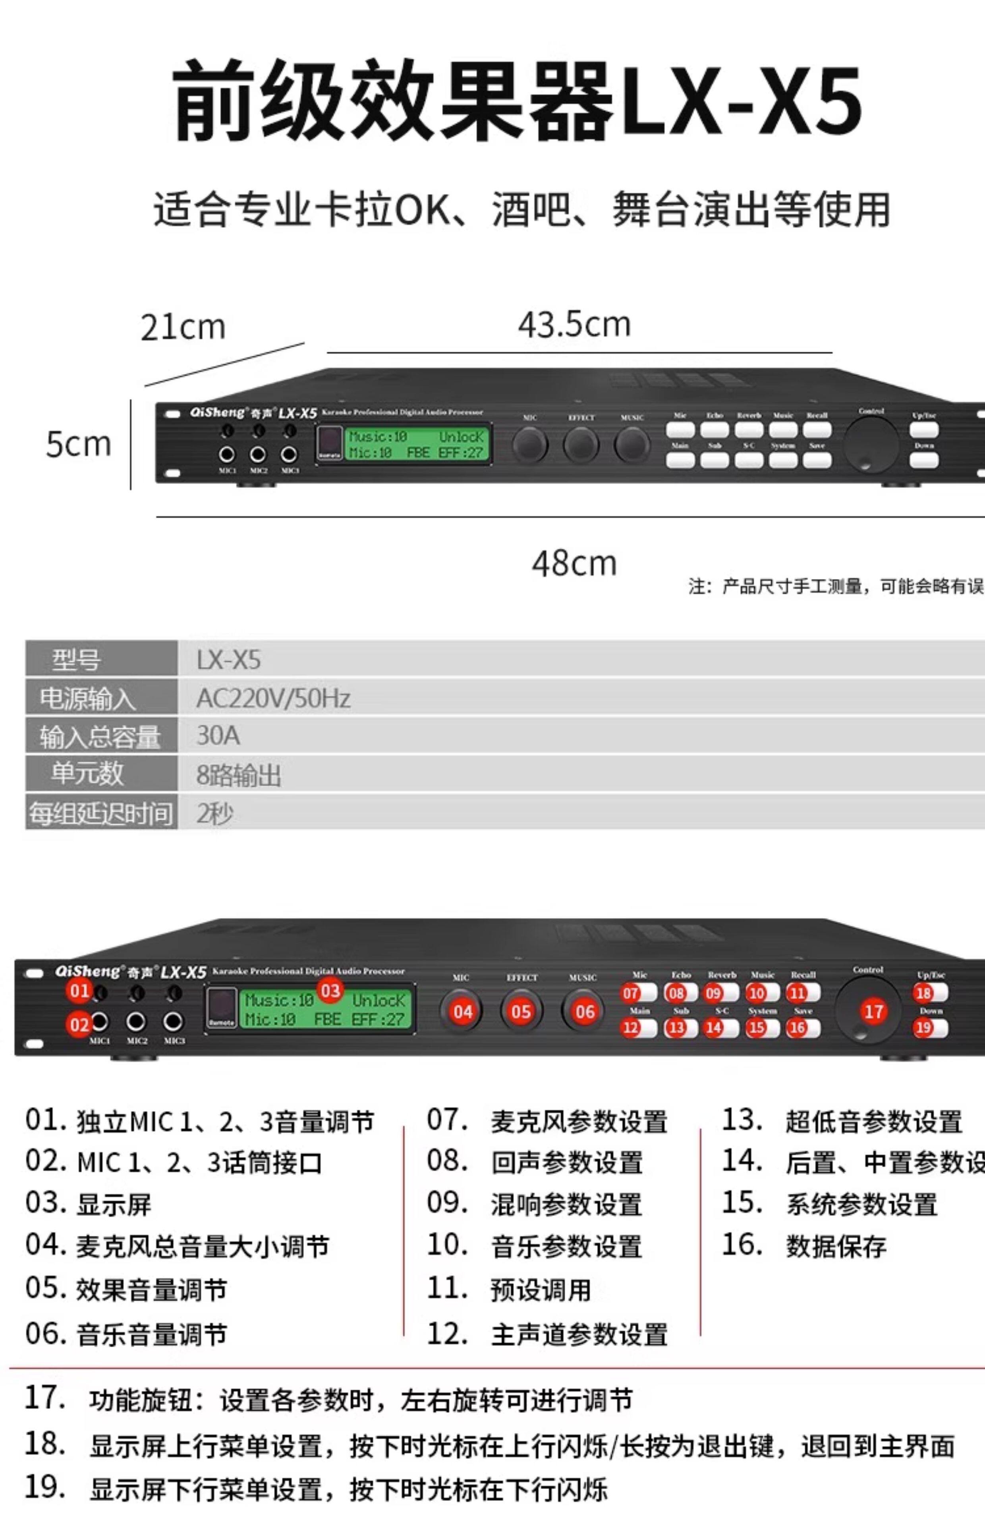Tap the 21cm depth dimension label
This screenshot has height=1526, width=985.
183,327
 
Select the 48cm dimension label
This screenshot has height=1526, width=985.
574,564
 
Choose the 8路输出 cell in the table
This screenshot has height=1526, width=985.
238,775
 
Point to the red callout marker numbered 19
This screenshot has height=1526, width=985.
923,1028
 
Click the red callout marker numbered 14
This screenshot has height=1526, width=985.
713,1028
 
